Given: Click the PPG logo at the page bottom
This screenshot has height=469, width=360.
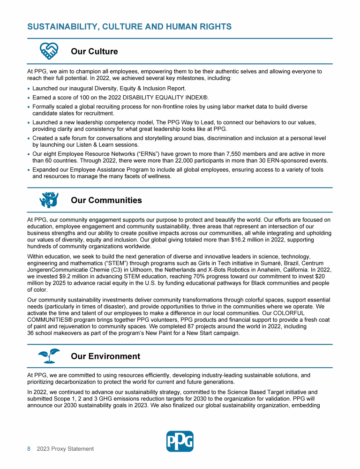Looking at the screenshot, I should click(x=180, y=441).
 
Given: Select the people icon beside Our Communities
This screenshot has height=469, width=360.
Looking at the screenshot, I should click(x=49, y=200).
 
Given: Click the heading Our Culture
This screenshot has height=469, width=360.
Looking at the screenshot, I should click(x=94, y=51).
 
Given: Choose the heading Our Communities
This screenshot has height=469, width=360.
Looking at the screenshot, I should click(x=106, y=200).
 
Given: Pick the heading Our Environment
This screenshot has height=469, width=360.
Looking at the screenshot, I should click(x=105, y=356).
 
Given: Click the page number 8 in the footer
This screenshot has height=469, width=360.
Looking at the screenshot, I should click(x=29, y=449).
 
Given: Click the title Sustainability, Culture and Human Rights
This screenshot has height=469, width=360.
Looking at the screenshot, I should click(x=129, y=27).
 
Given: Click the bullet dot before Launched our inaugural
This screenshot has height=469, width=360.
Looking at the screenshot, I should click(x=29, y=88).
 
